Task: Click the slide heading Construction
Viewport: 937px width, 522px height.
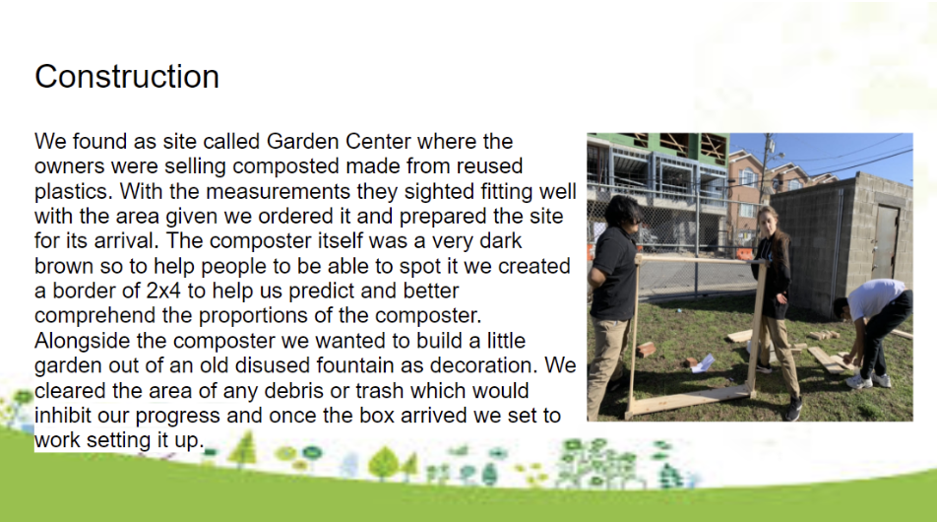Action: click(x=127, y=77)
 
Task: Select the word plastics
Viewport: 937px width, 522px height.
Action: click(x=73, y=191)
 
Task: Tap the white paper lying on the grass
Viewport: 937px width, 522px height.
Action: click(x=704, y=363)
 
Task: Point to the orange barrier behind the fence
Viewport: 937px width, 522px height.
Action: click(x=745, y=254)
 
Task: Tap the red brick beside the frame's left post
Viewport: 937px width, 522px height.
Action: click(x=646, y=350)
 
